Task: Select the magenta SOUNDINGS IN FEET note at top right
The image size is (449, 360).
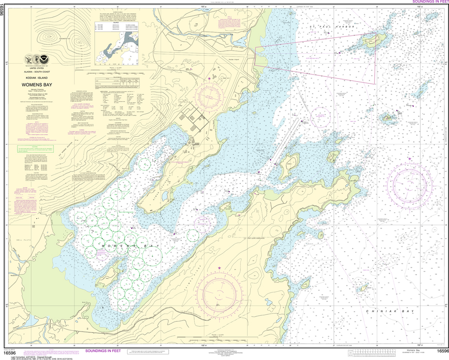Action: tap(430, 2)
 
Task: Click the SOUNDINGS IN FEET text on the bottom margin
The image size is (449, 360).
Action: tap(103, 351)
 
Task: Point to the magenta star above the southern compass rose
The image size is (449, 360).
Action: tap(219, 267)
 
